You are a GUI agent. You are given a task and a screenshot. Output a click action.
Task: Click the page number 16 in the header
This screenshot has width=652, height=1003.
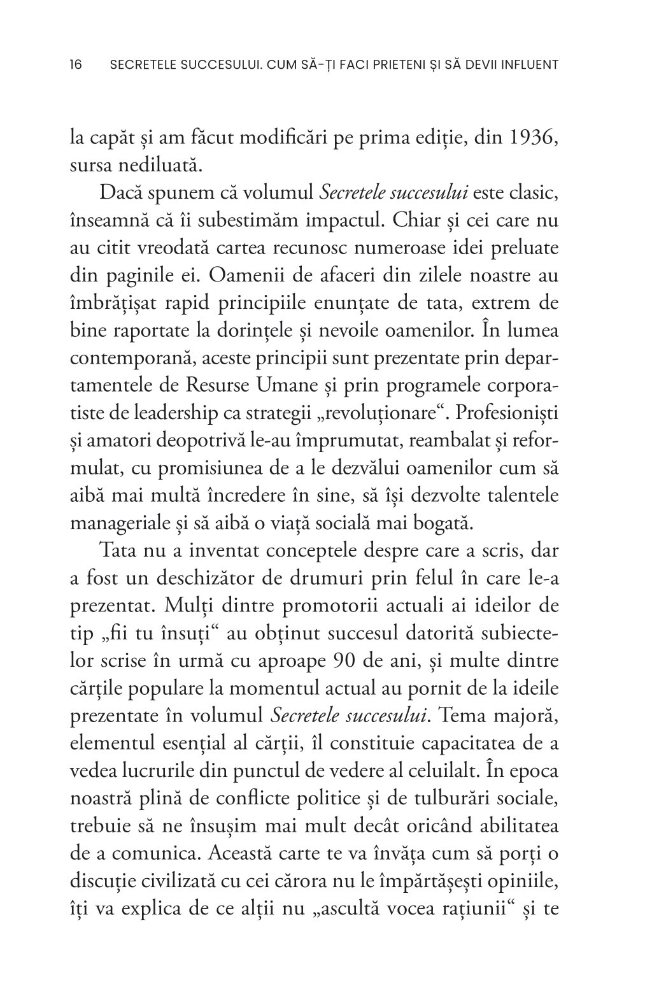[75, 64]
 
